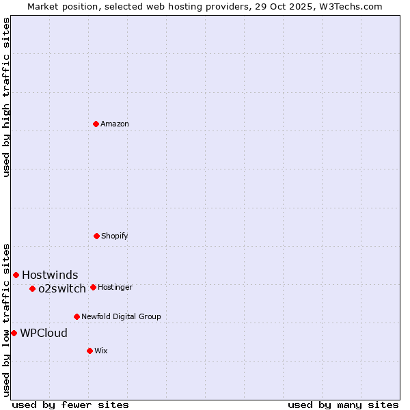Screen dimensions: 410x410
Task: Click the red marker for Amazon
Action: [96, 124]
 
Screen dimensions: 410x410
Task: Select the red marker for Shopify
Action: [96, 236]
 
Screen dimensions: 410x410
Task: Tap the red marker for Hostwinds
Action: [16, 275]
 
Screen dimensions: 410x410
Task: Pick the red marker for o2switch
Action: [32, 288]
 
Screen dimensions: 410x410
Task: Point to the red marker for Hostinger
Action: [93, 287]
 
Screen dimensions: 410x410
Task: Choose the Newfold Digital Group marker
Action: [77, 316]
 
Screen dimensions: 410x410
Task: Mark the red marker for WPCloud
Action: [14, 333]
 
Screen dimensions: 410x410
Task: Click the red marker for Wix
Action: [90, 351]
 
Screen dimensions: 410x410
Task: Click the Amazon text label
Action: [115, 124]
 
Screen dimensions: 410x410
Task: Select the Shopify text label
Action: [115, 236]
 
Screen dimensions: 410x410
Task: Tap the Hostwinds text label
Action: [50, 275]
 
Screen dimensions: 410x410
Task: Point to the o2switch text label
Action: [62, 288]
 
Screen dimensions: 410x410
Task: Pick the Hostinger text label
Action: [115, 287]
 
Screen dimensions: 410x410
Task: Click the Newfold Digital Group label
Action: [121, 316]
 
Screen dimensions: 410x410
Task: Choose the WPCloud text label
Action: [44, 333]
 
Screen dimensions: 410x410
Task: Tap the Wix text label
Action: [101, 351]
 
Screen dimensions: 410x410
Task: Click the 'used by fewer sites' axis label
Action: [70, 405]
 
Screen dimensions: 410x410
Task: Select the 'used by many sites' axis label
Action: [343, 405]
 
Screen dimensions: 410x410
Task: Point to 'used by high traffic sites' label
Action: [6, 97]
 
